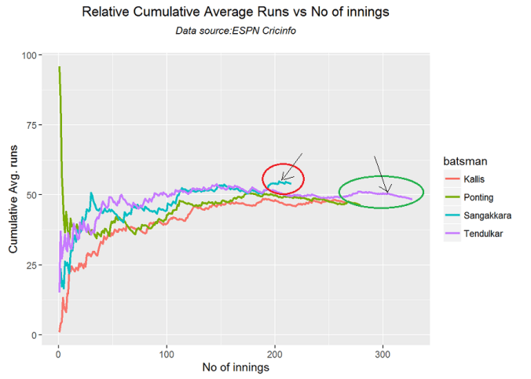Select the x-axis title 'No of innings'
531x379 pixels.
(235, 367)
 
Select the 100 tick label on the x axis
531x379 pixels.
(166, 351)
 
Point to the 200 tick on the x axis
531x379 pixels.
(274, 351)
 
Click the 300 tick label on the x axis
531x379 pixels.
(383, 351)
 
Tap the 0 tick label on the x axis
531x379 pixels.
(58, 351)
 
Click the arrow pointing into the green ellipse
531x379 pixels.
(380, 173)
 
